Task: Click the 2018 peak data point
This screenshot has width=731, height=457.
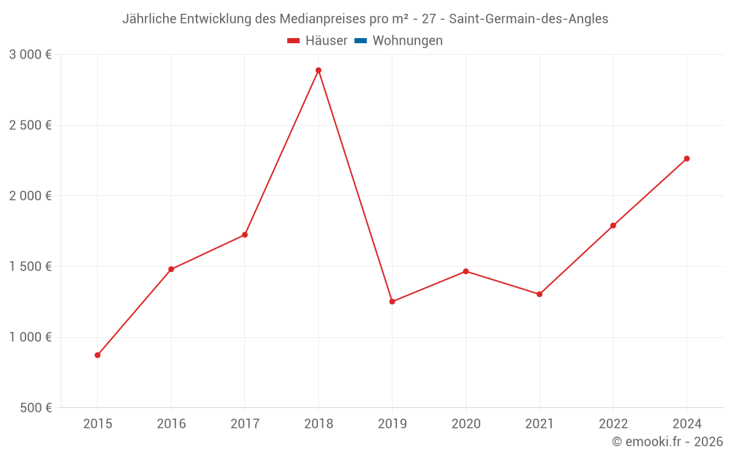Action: point(318,70)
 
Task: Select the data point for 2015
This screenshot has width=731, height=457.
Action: point(97,355)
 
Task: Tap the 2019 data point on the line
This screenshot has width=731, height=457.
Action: point(392,301)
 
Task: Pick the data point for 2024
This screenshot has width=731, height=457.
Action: point(686,159)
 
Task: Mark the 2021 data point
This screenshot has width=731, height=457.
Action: point(539,294)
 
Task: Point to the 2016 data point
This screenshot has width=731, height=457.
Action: point(171,269)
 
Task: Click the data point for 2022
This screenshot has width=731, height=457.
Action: point(613,225)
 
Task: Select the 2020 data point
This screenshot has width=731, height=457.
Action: point(466,271)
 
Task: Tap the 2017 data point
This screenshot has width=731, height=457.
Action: point(245,235)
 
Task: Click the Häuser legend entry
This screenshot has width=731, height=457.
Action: point(317,41)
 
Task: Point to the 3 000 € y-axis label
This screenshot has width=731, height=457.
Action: point(30,55)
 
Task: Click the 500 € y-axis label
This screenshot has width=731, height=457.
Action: point(34,408)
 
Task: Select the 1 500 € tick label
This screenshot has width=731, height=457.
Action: point(30,267)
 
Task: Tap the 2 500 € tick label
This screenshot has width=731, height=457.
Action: point(30,125)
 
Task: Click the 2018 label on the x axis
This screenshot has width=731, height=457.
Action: point(318,423)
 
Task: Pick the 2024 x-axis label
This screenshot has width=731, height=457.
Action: point(686,423)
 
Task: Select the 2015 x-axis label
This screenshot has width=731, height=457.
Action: point(97,423)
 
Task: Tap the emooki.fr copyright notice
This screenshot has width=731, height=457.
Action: point(667,442)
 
